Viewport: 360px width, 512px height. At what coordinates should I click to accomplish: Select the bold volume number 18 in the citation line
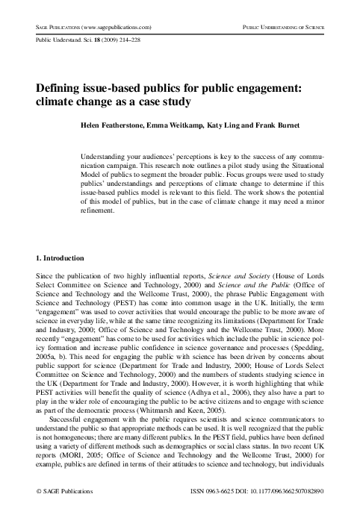tap(92, 43)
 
